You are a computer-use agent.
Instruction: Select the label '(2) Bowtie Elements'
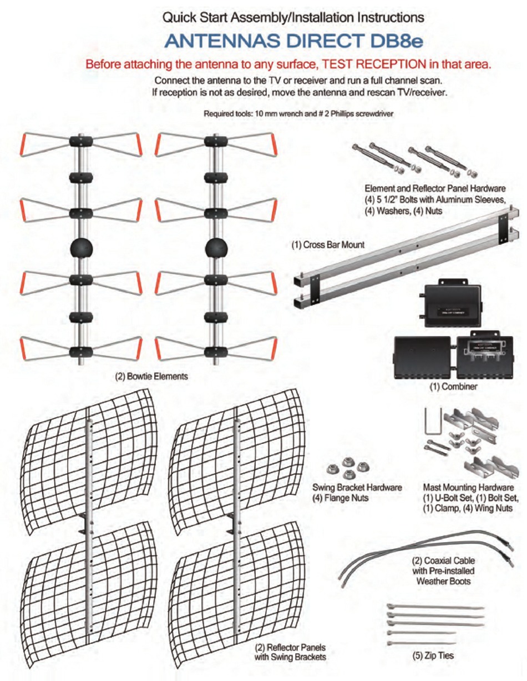(151, 376)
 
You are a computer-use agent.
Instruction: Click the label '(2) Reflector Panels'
(290, 648)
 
